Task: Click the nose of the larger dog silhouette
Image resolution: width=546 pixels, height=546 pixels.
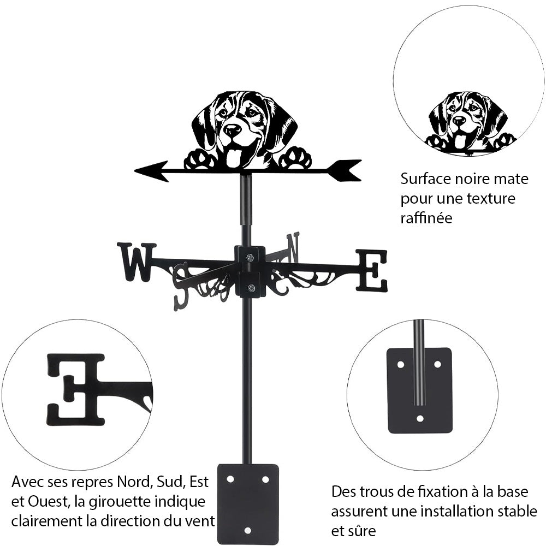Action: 233,130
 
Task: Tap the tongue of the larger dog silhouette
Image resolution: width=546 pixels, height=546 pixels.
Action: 234,158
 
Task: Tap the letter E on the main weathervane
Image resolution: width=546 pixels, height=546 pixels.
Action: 371,270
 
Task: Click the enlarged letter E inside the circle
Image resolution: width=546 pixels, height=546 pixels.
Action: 76,389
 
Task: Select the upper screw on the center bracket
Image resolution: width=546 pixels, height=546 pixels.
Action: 250,257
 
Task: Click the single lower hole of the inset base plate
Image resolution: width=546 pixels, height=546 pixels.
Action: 419,418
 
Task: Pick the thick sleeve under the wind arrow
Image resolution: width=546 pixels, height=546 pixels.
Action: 246,199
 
